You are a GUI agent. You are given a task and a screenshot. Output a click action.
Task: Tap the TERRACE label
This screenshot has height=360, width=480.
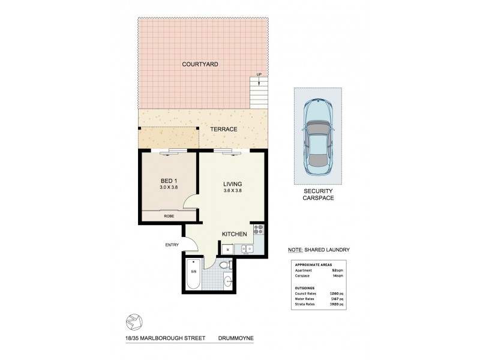tap(223, 130)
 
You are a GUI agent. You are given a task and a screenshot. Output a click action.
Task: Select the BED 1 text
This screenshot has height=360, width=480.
tap(168, 181)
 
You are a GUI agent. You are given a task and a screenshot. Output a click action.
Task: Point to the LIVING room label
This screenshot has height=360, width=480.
tap(232, 184)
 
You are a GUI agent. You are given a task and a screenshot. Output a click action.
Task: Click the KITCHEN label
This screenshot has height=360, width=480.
tap(235, 234)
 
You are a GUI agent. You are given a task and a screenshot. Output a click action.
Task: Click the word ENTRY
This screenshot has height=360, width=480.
tap(173, 244)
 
